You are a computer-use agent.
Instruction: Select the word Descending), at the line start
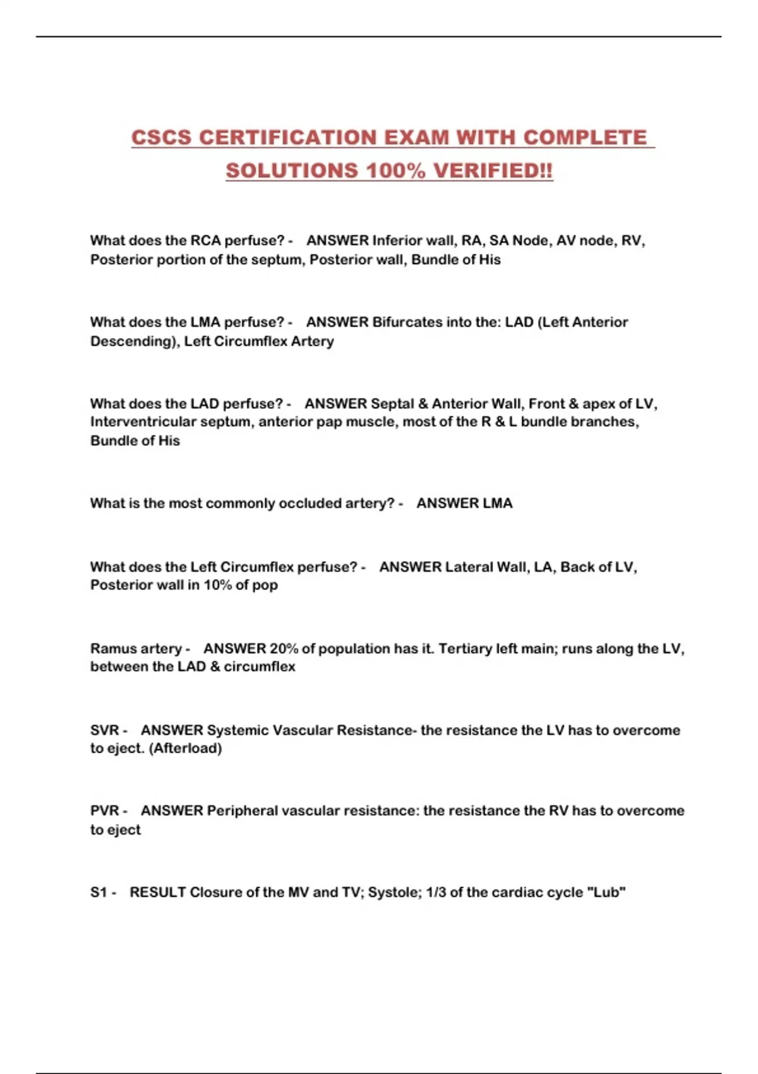[x=133, y=341]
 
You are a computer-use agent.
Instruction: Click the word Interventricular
[x=143, y=422]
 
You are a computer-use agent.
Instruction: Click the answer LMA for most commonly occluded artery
[x=497, y=504]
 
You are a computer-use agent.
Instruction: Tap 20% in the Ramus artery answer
[x=283, y=649]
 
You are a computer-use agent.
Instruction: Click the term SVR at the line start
[x=105, y=730]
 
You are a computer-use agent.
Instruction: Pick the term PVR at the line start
[x=105, y=811]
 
